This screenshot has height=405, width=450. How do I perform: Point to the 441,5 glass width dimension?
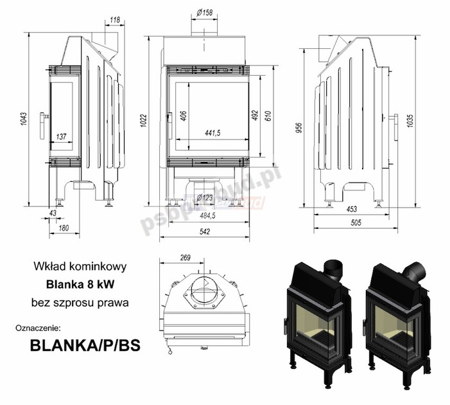212,132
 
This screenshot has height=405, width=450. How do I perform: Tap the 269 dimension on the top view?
185,258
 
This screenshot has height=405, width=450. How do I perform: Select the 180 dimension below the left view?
64,227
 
